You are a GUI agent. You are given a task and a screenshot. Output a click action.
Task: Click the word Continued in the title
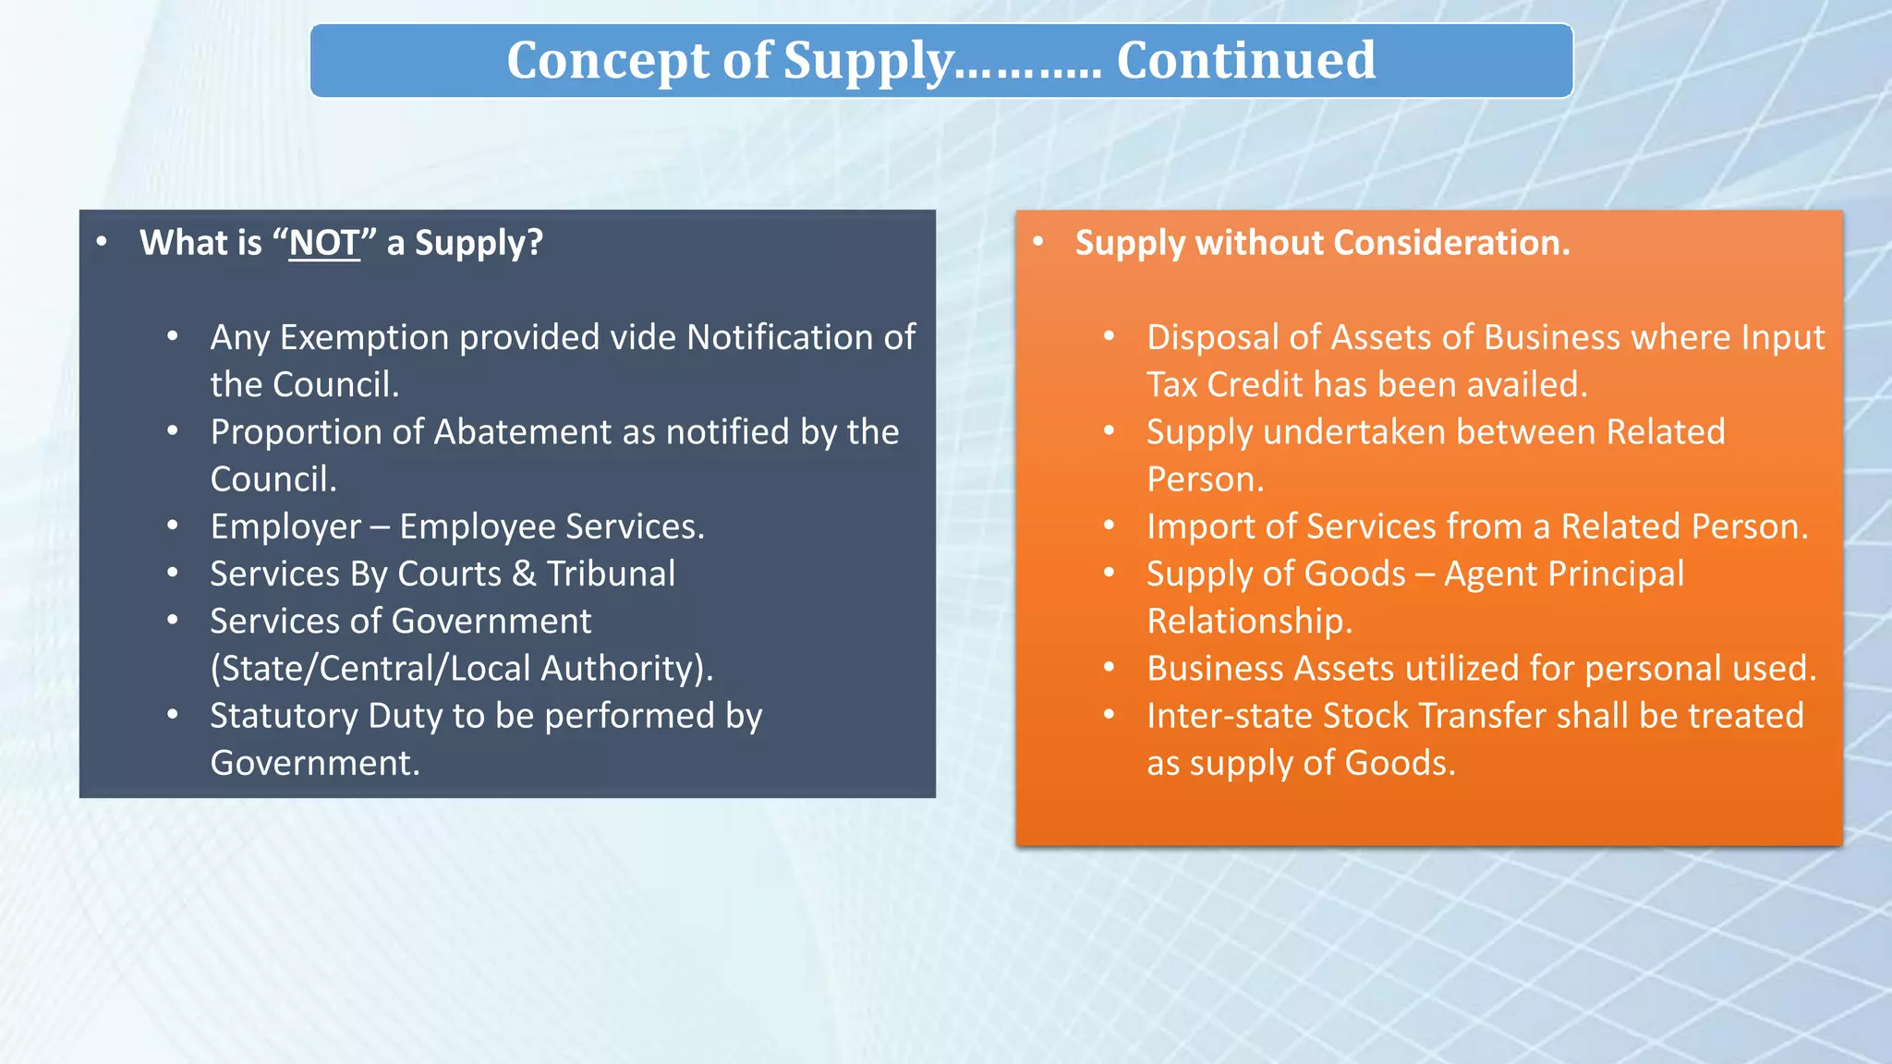(1245, 61)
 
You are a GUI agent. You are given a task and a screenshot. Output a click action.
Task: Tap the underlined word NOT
(323, 243)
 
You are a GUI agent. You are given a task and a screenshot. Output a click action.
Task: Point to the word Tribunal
(611, 574)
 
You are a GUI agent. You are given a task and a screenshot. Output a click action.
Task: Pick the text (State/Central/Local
(370, 669)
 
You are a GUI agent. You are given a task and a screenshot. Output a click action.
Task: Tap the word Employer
(285, 527)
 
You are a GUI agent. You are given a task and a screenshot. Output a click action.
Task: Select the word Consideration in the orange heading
(1451, 243)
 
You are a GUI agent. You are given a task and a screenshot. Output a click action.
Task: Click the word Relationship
(1249, 622)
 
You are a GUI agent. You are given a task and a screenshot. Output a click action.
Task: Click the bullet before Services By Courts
(173, 574)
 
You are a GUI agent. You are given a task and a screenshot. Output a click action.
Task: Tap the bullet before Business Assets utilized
(1110, 668)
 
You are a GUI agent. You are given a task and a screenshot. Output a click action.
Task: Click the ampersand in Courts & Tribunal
(524, 574)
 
